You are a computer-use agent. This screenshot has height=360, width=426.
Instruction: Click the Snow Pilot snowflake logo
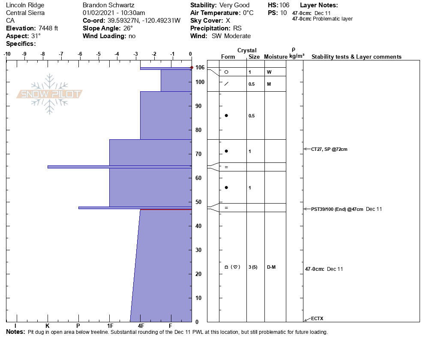click(50, 94)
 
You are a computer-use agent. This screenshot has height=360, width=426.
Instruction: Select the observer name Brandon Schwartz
click(109, 5)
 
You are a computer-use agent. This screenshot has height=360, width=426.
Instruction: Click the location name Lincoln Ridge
click(25, 5)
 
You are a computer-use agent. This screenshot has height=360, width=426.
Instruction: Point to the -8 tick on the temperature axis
click(43, 54)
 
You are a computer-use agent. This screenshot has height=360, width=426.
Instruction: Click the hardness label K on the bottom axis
click(47, 326)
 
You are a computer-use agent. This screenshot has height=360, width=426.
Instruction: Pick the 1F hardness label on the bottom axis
click(110, 326)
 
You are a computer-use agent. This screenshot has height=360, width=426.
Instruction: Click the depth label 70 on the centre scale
click(198, 154)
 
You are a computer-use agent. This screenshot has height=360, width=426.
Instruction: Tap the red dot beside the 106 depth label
click(192, 68)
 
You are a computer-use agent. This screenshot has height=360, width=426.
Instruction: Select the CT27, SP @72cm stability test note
click(329, 149)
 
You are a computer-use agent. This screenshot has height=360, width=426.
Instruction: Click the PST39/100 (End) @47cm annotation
click(337, 209)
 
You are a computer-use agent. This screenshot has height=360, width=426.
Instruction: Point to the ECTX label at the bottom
click(317, 318)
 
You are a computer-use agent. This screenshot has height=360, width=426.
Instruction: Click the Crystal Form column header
click(228, 57)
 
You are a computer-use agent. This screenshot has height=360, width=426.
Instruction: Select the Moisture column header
click(275, 57)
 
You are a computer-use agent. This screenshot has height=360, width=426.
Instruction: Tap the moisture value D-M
click(271, 267)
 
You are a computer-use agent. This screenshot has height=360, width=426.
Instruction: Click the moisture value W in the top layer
click(269, 72)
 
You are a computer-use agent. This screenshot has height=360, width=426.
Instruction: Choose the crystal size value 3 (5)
click(253, 267)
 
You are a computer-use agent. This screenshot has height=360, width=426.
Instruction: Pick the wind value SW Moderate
click(231, 36)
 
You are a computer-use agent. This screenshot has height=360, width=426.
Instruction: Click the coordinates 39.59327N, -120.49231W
click(144, 21)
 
